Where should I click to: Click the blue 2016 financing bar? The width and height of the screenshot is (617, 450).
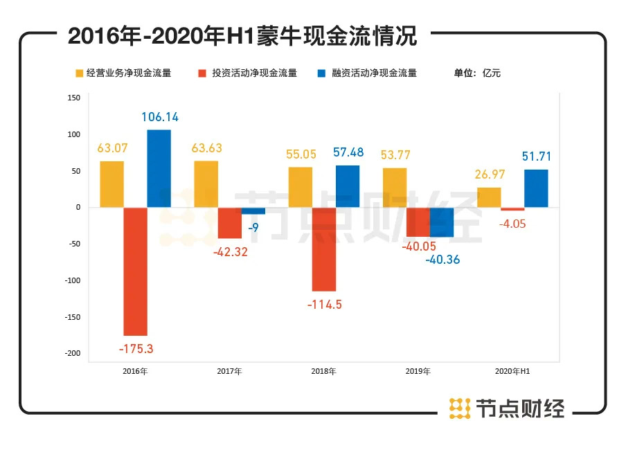(x=159, y=168)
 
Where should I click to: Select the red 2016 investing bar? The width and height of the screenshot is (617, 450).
(x=135, y=271)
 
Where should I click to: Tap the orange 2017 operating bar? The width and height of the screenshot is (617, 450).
(x=206, y=184)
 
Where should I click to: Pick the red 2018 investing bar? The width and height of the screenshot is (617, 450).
(x=323, y=249)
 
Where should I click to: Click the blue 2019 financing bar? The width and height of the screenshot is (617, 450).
(x=442, y=222)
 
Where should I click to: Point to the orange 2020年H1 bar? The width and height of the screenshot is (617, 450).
(x=489, y=197)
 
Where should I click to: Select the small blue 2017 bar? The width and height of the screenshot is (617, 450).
(x=253, y=211)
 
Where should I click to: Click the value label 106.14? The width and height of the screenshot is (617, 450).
(x=161, y=117)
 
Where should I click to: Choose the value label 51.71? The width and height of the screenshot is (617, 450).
(x=537, y=157)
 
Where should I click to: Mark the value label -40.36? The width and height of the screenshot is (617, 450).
(x=442, y=260)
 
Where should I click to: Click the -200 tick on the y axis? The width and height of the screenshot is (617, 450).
(x=73, y=354)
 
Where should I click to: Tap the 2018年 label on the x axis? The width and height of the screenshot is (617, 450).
(x=323, y=372)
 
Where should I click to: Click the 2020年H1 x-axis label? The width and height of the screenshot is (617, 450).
(x=513, y=372)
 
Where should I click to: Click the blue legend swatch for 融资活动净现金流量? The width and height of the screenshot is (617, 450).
(x=321, y=73)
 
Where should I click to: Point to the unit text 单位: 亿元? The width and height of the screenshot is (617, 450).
(x=477, y=73)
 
